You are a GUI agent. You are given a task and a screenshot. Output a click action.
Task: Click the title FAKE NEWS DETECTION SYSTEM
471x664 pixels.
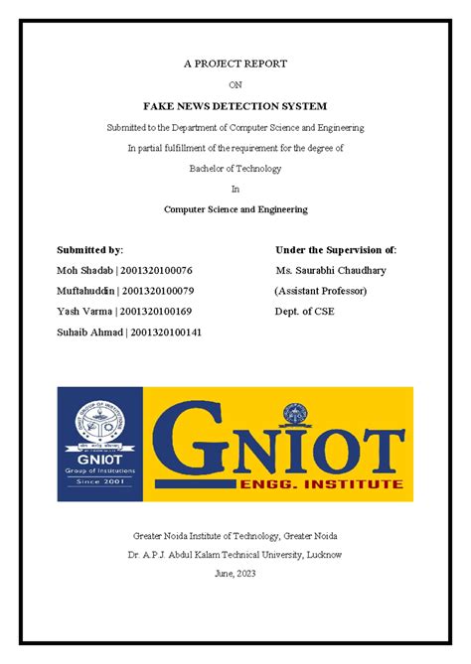click(x=235, y=105)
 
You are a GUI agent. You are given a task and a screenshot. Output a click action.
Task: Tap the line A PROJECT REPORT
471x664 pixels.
click(x=235, y=64)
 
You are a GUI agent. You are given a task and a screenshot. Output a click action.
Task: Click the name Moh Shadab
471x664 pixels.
click(x=84, y=270)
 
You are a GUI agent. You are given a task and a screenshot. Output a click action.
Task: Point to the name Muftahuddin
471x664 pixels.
click(x=85, y=291)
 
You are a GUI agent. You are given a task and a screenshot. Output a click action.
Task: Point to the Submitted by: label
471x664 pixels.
click(x=90, y=249)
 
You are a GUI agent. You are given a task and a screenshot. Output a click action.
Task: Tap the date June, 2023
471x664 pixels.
click(x=235, y=575)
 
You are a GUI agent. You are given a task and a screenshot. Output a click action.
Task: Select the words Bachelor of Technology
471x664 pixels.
click(x=235, y=168)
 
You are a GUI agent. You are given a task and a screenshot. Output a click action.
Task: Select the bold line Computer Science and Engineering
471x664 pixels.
click(x=235, y=209)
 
